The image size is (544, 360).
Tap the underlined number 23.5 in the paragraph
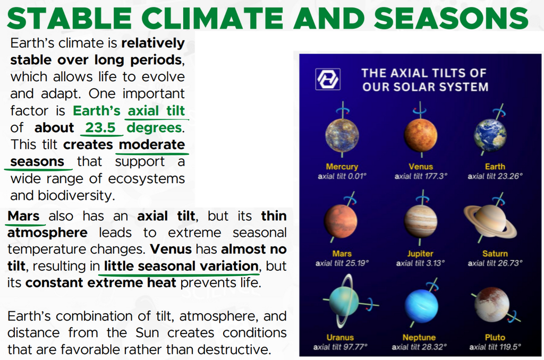pyautogui.click(x=100, y=127)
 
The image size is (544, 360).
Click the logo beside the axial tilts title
pyautogui.click(x=327, y=79)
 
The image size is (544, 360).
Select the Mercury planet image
pyautogui.click(x=342, y=135)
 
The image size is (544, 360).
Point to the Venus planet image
pyautogui.click(x=421, y=135)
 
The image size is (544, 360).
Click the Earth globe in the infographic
pyautogui.click(x=490, y=135)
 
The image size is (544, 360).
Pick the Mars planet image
pyautogui.click(x=341, y=220)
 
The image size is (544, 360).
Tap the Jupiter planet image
pyautogui.click(x=421, y=221)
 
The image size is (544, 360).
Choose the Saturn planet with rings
pyautogui.click(x=490, y=220)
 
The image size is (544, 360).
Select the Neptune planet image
pyautogui.click(x=421, y=306)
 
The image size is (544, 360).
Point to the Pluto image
pyautogui.click(x=492, y=304)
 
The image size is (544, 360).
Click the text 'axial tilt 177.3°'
pyautogui.click(x=421, y=176)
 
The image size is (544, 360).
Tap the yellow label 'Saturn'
pyautogui.click(x=495, y=253)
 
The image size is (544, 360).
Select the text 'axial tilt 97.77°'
pyautogui.click(x=340, y=347)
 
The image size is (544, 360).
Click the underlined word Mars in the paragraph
pyautogui.click(x=23, y=216)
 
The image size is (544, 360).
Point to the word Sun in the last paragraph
pyautogui.click(x=147, y=332)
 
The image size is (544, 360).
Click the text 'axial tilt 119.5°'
pyautogui.click(x=495, y=347)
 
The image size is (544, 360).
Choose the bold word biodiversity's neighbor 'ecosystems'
pyautogui.click(x=147, y=178)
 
